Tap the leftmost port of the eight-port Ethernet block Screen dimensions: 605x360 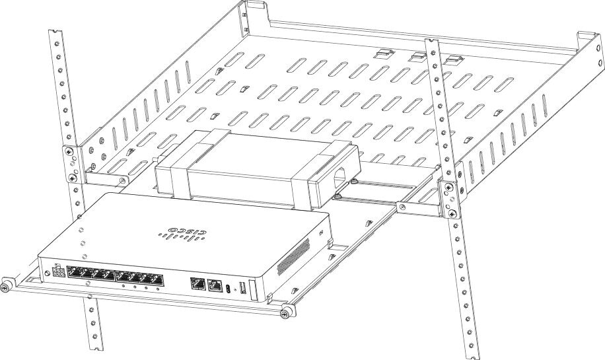pyautogui.click(x=74, y=272)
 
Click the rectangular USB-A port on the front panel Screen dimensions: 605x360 pyautogui.click(x=242, y=287)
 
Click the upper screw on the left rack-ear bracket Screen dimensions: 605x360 pyautogui.click(x=69, y=151)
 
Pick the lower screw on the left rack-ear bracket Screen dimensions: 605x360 pyautogui.click(x=72, y=178)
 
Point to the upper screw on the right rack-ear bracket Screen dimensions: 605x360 pyautogui.click(x=448, y=188)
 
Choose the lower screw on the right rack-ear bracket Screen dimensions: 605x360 pyautogui.click(x=452, y=213)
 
